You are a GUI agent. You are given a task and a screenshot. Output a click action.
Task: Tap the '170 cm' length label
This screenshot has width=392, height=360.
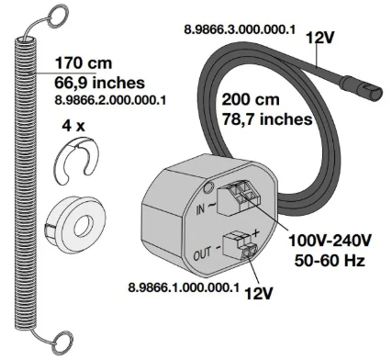tap(84, 63)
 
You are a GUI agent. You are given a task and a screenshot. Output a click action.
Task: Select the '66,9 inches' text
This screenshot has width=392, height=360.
tap(99, 83)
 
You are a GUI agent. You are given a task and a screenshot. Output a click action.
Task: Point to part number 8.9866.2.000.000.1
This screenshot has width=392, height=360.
tap(110, 100)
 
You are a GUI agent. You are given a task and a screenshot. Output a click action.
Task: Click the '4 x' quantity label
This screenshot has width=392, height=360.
tap(73, 126)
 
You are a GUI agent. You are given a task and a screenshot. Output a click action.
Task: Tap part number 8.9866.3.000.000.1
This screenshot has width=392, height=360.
tap(240, 29)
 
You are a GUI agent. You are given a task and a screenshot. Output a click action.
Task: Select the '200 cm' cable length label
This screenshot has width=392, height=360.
tap(251, 99)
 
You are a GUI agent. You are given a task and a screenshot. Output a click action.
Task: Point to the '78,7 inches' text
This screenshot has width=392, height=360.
tap(267, 119)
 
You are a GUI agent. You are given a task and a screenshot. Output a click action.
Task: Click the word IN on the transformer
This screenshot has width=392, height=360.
tap(200, 209)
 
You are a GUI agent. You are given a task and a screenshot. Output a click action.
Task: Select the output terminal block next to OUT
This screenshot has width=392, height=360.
tap(241, 246)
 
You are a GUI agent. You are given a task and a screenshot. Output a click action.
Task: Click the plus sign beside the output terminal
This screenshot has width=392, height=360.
tap(255, 233)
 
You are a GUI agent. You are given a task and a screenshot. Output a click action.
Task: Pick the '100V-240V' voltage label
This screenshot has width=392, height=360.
tap(330, 241)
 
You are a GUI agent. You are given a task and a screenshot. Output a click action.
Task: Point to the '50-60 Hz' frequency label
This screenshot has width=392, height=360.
tap(330, 260)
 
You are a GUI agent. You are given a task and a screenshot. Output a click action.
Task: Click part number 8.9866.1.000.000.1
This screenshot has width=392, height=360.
tap(184, 287)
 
